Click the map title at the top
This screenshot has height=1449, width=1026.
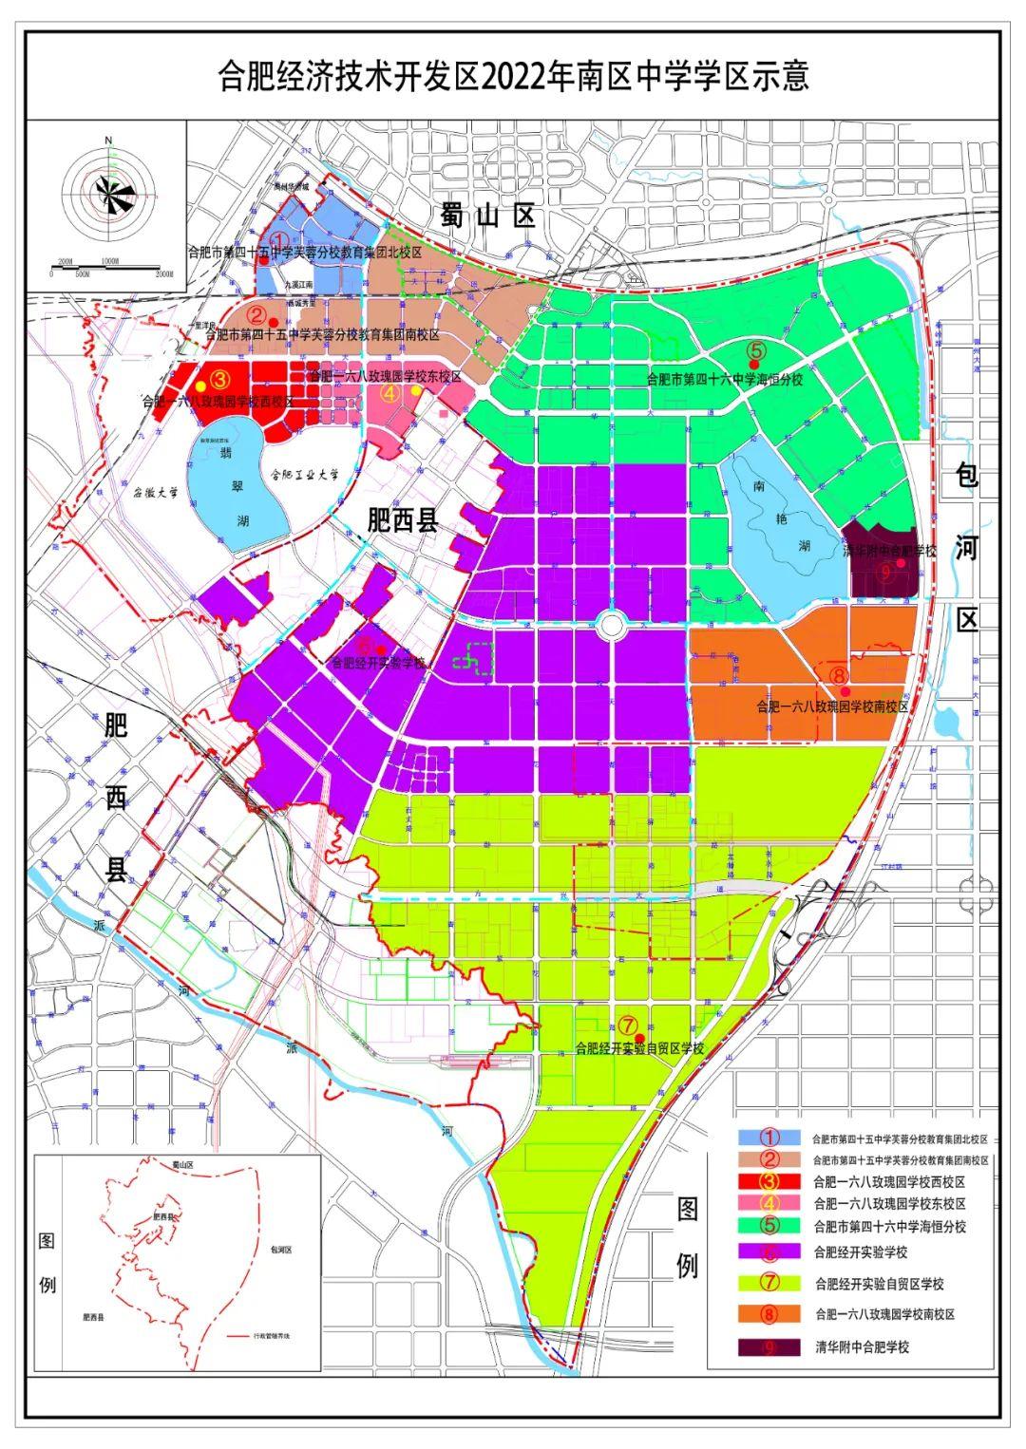point(513,75)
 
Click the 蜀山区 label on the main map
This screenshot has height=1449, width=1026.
point(489,216)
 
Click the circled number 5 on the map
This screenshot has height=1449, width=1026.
point(756,348)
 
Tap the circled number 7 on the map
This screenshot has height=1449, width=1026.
point(628,1025)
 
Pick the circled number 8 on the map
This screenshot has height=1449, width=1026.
point(838,675)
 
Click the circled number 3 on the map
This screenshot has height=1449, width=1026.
point(219,377)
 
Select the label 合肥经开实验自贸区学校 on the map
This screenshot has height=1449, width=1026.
point(639,1049)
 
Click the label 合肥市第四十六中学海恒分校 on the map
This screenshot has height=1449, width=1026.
point(725,379)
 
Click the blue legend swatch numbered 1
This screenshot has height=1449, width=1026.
point(770,1137)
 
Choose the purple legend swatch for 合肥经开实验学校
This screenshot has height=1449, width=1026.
point(770,1252)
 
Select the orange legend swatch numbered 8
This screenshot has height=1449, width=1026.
point(770,1314)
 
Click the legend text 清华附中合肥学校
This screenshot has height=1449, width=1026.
point(862,1346)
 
